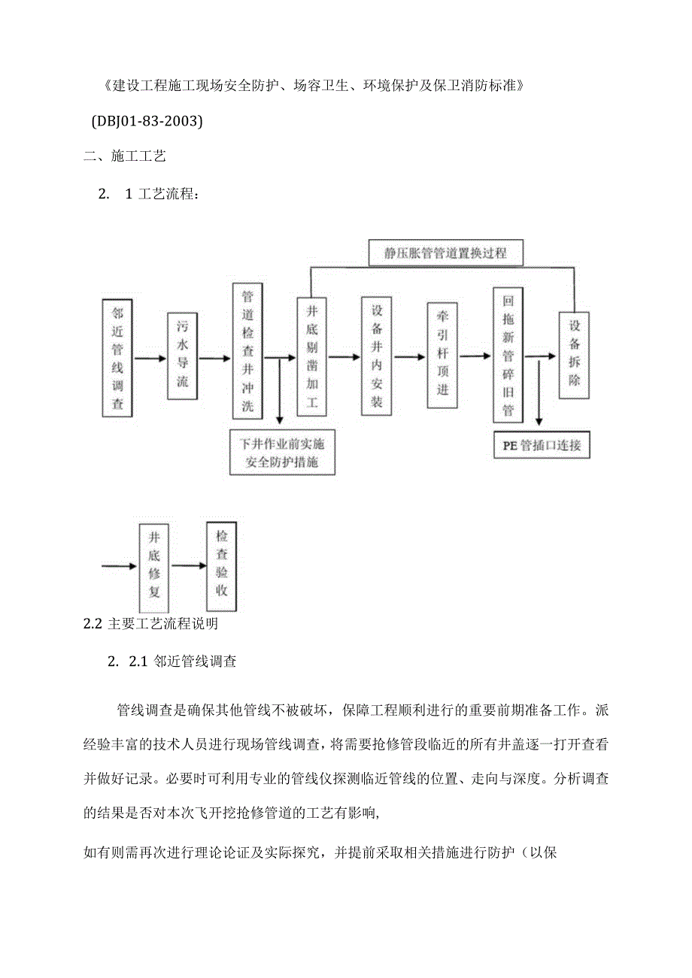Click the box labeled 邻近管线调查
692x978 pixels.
tap(117, 357)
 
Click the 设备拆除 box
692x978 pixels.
tap(574, 354)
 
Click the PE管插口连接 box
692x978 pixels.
tap(542, 445)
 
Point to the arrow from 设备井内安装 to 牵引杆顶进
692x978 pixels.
tap(409, 357)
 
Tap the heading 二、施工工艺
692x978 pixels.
tap(124, 156)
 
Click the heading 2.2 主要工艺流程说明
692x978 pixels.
tap(150, 624)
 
